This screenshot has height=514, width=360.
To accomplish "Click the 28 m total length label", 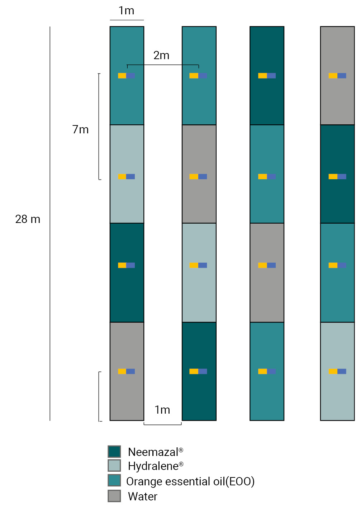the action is point(28,219).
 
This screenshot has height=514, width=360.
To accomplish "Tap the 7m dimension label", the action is point(80,129).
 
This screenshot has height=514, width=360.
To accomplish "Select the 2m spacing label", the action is point(161,56).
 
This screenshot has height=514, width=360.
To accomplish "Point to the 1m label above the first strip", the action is point(127,11).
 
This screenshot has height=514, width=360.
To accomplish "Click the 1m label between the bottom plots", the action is point(162,410).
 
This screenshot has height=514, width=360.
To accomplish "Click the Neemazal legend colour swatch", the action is point(114,452).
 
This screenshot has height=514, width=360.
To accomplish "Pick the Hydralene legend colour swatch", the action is point(114,466).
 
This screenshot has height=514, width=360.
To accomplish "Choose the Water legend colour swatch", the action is point(114,496).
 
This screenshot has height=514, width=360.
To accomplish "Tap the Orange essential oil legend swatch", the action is point(114,480).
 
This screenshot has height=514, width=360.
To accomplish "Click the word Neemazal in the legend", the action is point(153,452).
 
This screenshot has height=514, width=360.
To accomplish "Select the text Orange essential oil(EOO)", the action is point(190,481).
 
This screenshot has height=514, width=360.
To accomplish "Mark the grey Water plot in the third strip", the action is point(267,287).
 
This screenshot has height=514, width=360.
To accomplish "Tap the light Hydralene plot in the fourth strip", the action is point(337,394).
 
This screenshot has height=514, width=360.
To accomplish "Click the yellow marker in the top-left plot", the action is point(122,76).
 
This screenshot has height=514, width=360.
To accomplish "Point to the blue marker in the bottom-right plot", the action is point(342,371).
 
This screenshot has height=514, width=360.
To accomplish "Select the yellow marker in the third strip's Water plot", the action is point(262,265).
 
